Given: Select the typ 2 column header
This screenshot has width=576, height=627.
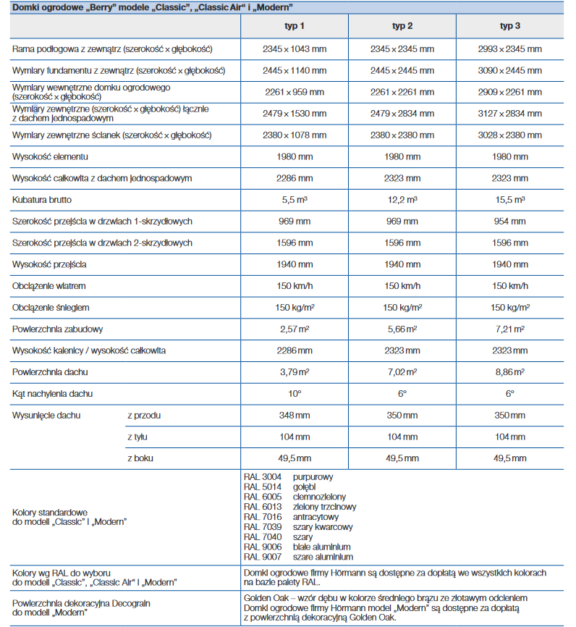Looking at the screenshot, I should pos(402,26).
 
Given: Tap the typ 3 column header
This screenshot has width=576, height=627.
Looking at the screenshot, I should pos(510,26).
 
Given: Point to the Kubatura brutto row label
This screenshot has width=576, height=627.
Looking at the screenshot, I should pos(42,199).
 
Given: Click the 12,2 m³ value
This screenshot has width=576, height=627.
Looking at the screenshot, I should pos(402,199).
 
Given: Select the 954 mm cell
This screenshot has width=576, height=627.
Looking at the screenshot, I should pos(510,221).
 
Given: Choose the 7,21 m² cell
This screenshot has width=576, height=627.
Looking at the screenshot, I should pos(510,329).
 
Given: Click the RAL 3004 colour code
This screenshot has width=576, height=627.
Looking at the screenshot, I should pos(263,477).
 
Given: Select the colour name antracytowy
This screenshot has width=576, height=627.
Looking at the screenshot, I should pos(316,517).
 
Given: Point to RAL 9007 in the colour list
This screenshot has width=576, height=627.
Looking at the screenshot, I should pos(263,557).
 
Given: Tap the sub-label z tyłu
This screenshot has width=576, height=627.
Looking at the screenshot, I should pos(137,437).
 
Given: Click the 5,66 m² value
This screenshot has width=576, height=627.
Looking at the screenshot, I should pos(402,329).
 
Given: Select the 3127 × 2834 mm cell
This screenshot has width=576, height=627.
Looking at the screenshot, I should pos(510,113).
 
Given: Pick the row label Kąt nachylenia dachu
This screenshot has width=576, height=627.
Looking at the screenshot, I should pos(53,393).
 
